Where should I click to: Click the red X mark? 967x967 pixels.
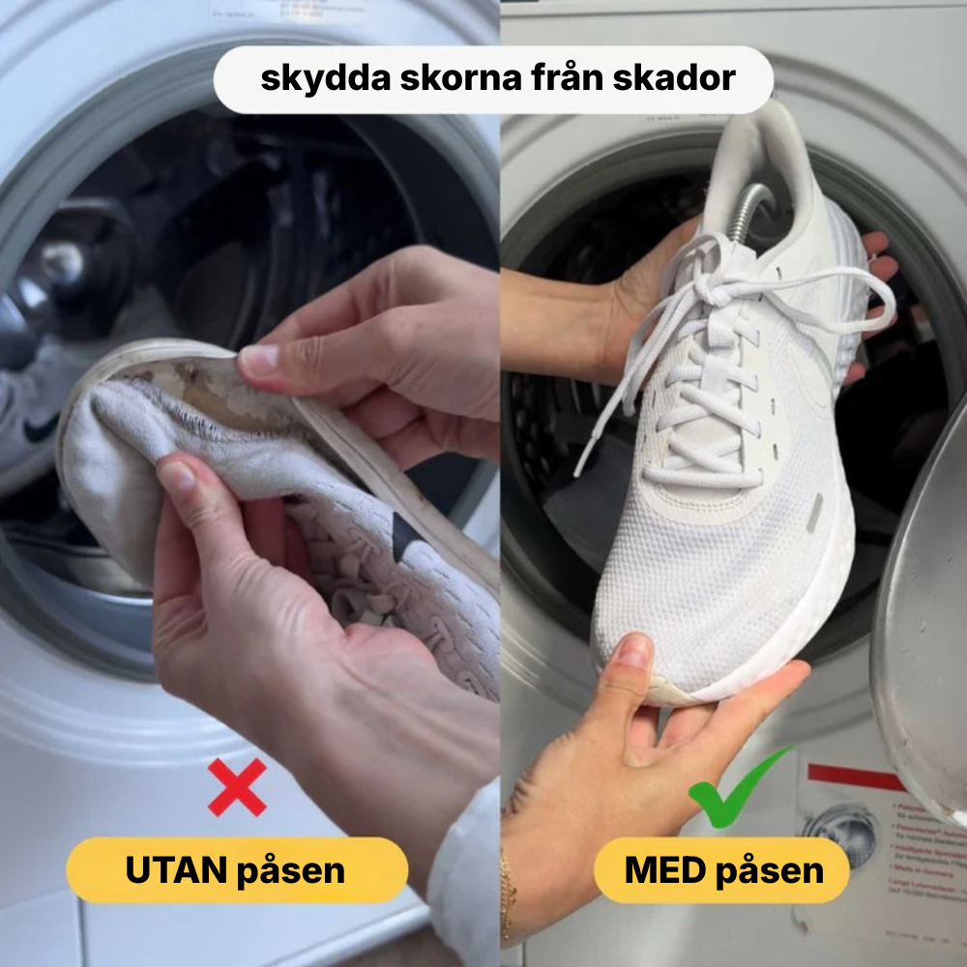click(237, 786)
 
